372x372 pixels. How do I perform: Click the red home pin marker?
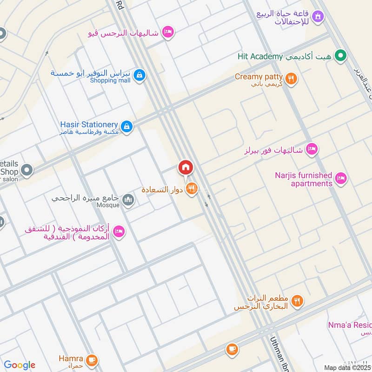(186, 167)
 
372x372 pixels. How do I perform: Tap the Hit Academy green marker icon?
(341, 56)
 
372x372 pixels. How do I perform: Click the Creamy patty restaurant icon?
(291, 79)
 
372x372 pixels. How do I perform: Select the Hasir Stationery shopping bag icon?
(126, 126)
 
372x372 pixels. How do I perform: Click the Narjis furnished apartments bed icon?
(342, 179)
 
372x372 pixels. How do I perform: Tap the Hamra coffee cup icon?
(92, 359)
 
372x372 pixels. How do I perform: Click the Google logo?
(19, 365)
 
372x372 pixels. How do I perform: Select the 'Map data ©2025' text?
(347, 367)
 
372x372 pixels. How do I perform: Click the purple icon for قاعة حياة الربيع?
(318, 17)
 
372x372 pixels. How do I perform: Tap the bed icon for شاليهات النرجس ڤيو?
(168, 32)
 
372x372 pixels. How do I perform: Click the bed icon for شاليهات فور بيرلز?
(312, 149)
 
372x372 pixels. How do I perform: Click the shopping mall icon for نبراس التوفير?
(139, 75)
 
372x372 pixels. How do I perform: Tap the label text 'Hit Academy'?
(260, 56)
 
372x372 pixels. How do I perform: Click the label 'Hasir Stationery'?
(89, 125)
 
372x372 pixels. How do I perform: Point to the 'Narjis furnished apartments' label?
(304, 179)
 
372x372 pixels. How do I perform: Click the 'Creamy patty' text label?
(259, 77)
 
